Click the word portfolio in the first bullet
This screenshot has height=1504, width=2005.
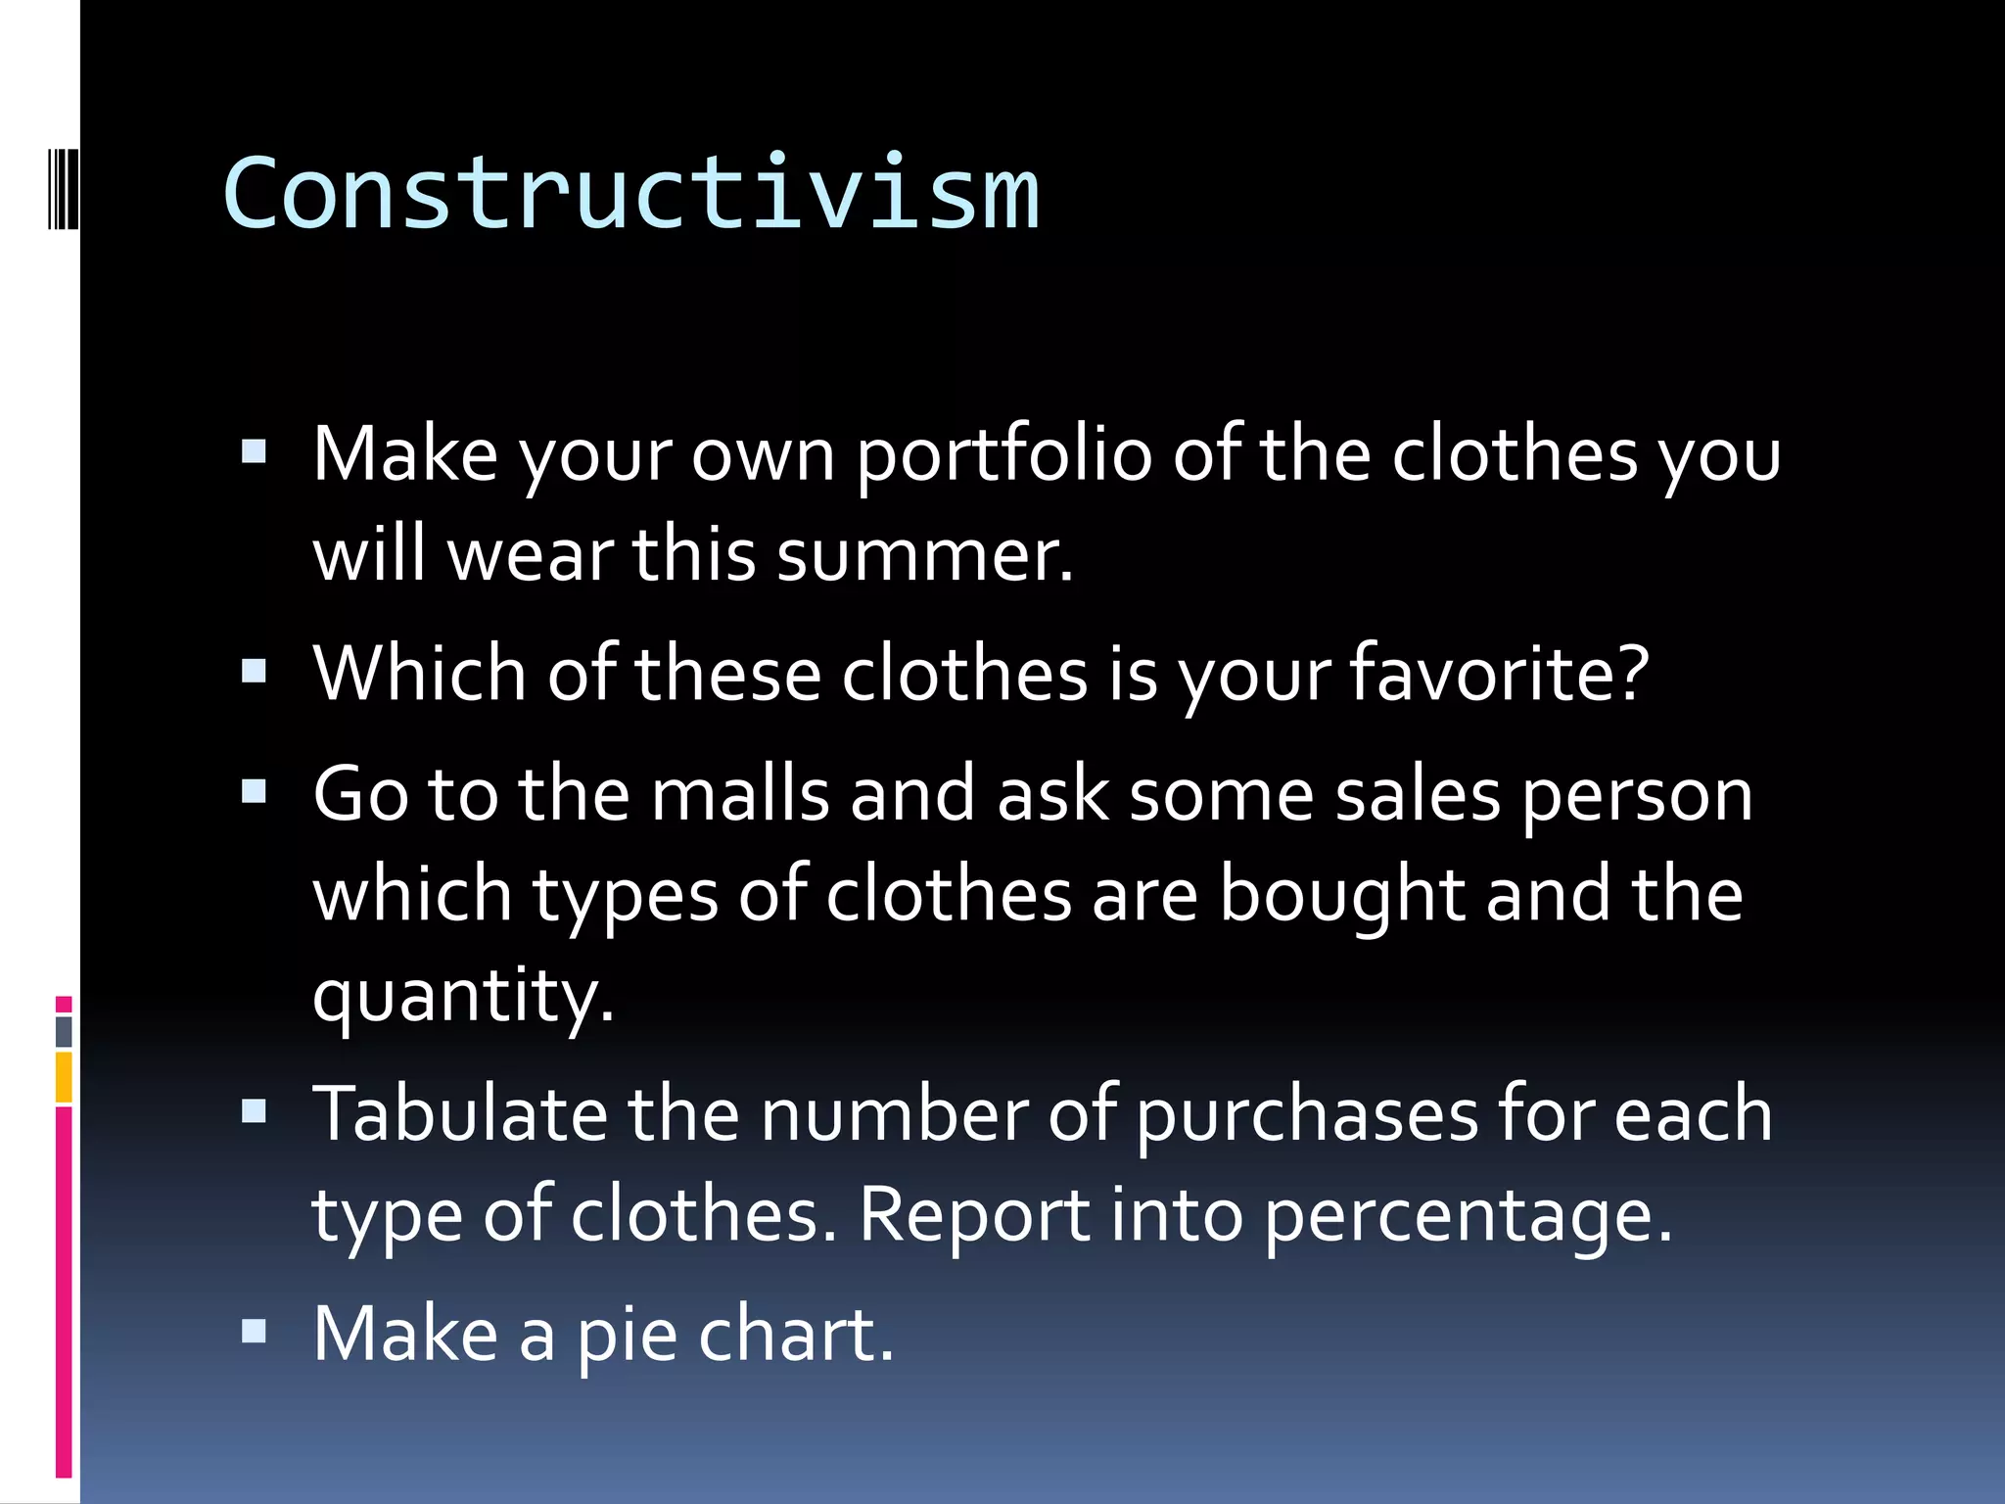[x=1003, y=455]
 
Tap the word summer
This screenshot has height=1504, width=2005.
[x=924, y=555]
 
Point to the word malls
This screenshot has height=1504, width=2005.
[x=740, y=794]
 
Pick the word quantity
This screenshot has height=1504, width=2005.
[x=462, y=996]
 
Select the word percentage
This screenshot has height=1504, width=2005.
[x=1467, y=1217]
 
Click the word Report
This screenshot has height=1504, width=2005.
[x=974, y=1217]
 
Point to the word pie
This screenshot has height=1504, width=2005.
[x=627, y=1337]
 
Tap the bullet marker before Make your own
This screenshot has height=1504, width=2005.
[x=254, y=451]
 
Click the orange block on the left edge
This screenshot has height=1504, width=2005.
[x=64, y=1076]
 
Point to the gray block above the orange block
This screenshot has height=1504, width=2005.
[x=64, y=1031]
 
